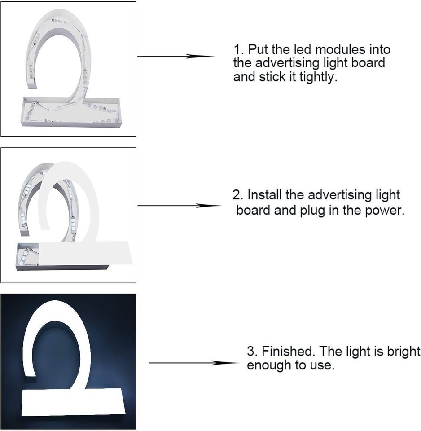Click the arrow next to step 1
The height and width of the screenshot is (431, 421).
[176, 57]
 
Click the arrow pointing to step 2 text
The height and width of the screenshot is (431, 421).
[179, 206]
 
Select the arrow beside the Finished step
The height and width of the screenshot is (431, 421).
[194, 363]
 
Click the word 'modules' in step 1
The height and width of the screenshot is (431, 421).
[340, 49]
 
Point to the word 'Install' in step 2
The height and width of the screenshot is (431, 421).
[265, 195]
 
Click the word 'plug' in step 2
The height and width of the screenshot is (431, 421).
[312, 211]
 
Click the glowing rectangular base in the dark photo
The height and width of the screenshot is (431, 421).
[73, 402]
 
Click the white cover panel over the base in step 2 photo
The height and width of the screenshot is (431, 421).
[86, 253]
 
